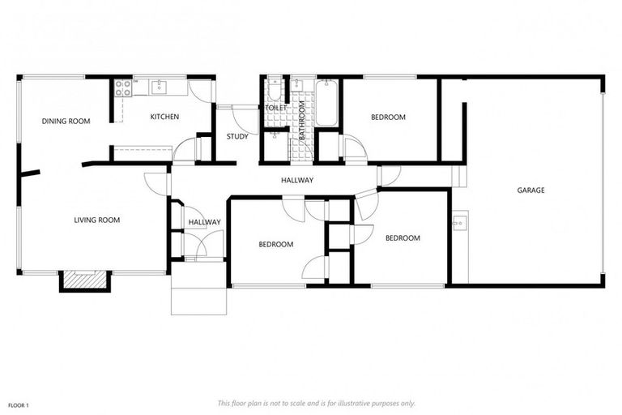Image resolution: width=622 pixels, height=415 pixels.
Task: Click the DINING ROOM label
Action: pos(66,122)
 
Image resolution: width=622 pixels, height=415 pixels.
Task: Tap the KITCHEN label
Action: pos(164,117)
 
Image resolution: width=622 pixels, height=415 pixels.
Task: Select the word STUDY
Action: pos(237,136)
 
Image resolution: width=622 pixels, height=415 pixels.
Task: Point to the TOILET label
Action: pos(275,108)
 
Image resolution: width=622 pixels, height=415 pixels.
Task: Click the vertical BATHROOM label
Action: pos(301,121)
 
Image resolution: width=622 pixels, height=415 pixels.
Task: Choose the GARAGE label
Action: pos(530,190)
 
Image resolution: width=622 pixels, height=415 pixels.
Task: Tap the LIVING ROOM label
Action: pos(97,220)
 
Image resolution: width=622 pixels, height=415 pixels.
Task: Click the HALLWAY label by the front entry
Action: pos(204,222)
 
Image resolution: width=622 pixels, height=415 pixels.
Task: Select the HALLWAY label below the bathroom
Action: pos(297,180)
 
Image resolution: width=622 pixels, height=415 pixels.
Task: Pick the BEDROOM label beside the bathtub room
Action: pos(388,118)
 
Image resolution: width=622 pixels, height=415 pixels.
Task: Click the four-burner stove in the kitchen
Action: pos(123,88)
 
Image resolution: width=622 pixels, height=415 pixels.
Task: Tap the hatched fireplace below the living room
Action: pos(84,279)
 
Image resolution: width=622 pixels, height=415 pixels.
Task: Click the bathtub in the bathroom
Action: pos(326,103)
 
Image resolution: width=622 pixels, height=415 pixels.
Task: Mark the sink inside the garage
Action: pos(459,220)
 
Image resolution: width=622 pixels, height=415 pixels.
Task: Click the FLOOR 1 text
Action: pos(18,404)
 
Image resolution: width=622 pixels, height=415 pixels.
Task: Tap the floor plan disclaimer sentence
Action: pos(316,403)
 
